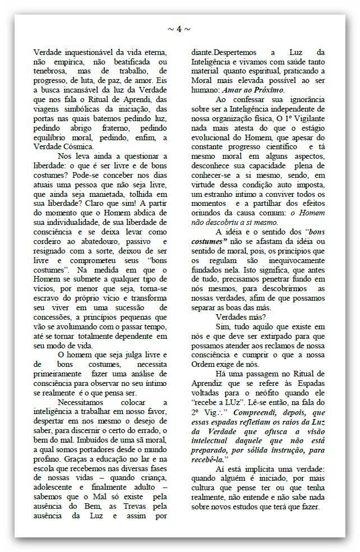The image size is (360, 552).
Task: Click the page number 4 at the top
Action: pos(179,29)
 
